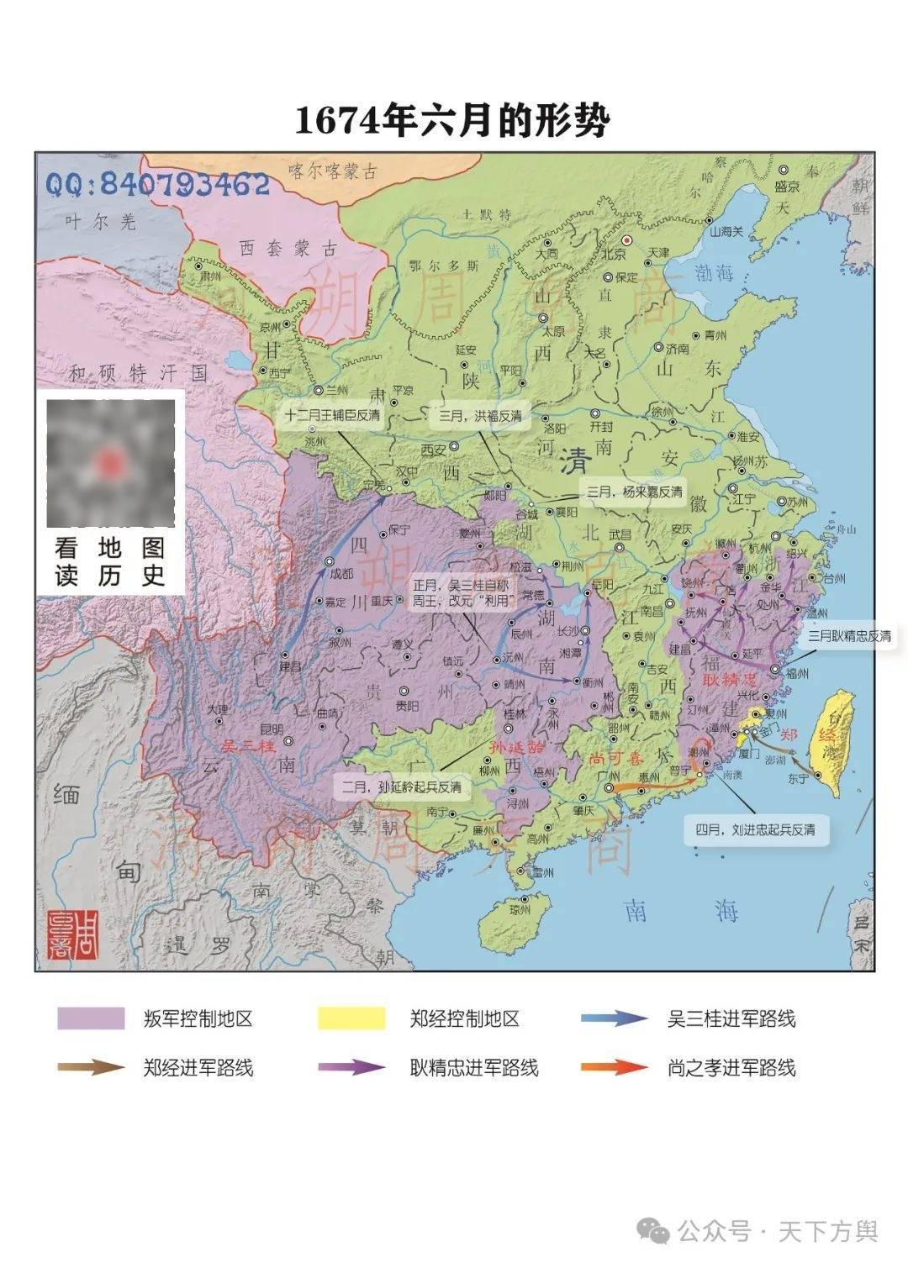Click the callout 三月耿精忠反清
click(x=849, y=636)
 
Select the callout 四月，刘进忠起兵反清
click(x=754, y=829)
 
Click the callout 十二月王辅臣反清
click(x=332, y=415)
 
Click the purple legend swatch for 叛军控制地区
click(x=91, y=1018)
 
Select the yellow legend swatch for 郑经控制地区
click(x=351, y=1018)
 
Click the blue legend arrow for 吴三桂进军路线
click(x=614, y=1018)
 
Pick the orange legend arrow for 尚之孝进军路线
click(x=614, y=1068)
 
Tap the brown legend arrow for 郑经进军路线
click(x=91, y=1068)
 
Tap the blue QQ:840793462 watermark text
click(x=158, y=184)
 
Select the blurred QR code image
click(x=110, y=462)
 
